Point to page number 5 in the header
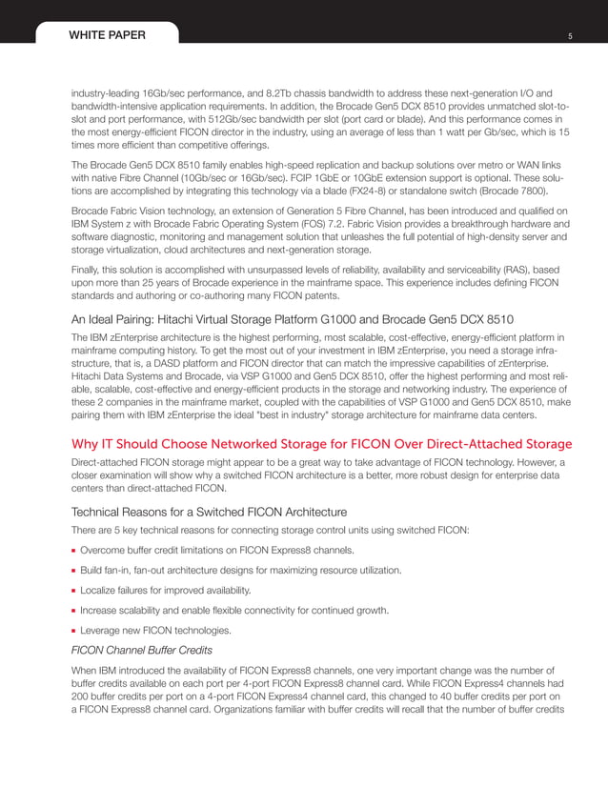(569, 36)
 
